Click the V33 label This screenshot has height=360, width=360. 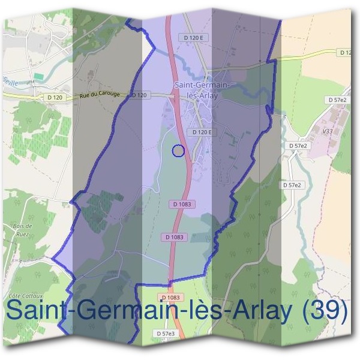[x=328, y=131]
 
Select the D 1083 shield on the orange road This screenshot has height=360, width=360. [x=170, y=298]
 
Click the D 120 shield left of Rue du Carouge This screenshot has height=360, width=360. [x=55, y=97]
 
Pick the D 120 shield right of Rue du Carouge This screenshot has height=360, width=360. [x=139, y=95]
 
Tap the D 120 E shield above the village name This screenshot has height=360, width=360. [x=195, y=37]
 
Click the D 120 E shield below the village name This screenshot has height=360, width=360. [x=200, y=132]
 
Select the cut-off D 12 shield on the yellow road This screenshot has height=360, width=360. [x=346, y=53]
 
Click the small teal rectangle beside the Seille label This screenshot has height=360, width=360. [x=38, y=76]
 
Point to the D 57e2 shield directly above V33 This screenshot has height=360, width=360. [x=338, y=100]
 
